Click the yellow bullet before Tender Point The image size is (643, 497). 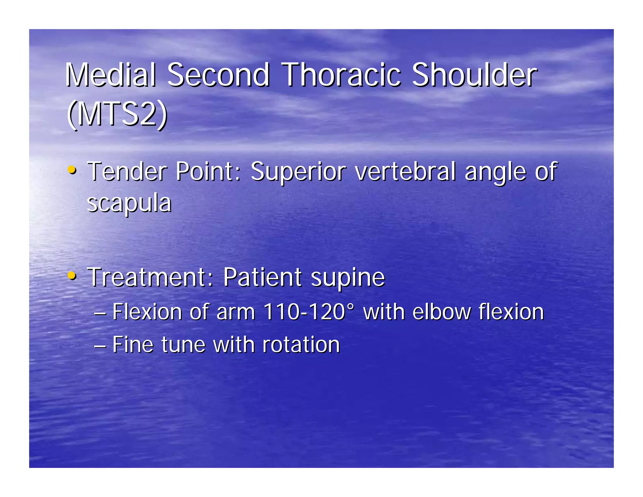tap(72, 170)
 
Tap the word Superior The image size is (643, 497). tap(298, 172)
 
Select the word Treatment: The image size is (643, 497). tap(150, 277)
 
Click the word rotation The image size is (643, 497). tap(301, 344)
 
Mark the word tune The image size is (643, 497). tap(183, 344)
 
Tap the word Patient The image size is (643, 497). tap(263, 277)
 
